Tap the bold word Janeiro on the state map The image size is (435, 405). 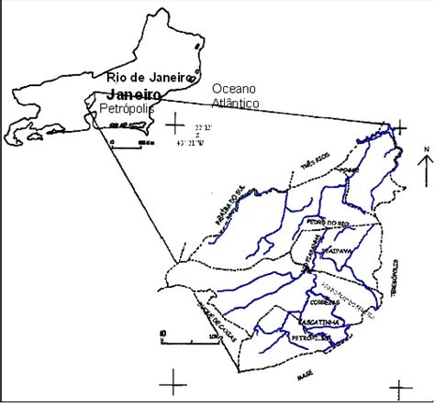[x=134, y=94]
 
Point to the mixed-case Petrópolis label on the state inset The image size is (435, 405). [x=128, y=109]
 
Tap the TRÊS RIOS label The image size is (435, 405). [x=313, y=164]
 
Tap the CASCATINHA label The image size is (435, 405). [x=319, y=323]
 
